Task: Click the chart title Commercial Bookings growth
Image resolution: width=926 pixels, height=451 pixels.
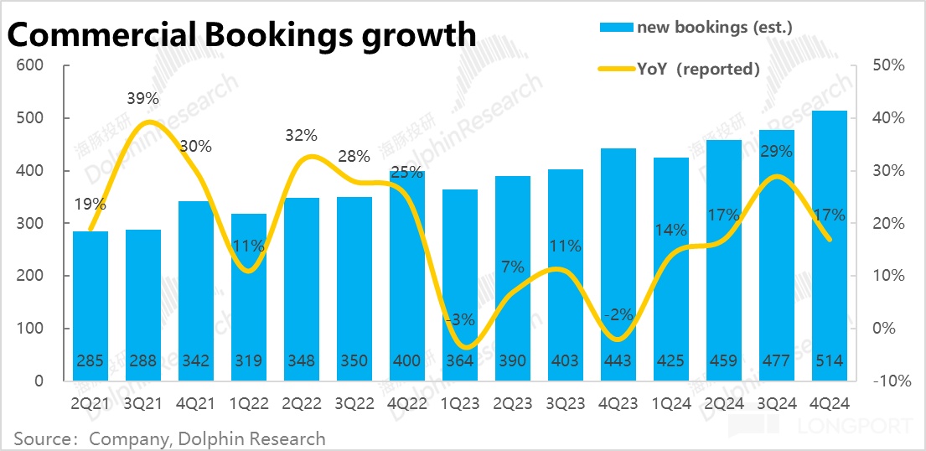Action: [241, 35]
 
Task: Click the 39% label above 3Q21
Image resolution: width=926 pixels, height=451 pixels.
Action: [143, 99]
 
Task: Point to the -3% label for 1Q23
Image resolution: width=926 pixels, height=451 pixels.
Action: [460, 319]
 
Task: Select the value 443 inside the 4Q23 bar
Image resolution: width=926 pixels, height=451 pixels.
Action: [618, 361]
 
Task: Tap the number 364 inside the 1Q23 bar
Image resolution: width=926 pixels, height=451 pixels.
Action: [459, 361]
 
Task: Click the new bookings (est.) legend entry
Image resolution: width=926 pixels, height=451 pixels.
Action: [696, 27]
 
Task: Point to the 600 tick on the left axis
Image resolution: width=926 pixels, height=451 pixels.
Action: [31, 65]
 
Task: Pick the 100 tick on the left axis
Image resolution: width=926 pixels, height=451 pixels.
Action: [31, 329]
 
